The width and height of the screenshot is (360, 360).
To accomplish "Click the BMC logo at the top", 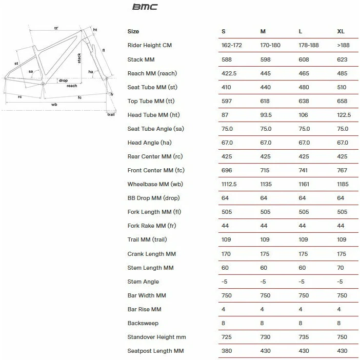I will [x=145, y=7].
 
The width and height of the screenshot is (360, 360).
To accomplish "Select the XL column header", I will [x=341, y=32].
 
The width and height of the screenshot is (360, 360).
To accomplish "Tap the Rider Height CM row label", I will [x=149, y=46].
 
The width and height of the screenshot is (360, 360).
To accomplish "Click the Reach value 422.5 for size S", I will [x=228, y=73].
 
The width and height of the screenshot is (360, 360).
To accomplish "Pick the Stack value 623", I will [x=342, y=59].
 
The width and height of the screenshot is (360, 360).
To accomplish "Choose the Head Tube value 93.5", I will [x=267, y=115].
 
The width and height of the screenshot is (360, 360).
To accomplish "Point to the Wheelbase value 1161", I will [x=305, y=184].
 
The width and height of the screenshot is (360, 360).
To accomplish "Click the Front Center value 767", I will [x=342, y=170].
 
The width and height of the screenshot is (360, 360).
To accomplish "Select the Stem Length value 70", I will [x=341, y=268].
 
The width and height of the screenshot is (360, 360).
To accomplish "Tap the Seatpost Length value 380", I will [x=226, y=351].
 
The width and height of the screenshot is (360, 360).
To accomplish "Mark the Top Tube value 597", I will [x=226, y=101].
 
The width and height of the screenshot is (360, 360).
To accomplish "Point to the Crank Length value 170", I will [x=226, y=254].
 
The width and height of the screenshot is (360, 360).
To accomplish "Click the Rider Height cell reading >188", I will [x=344, y=46].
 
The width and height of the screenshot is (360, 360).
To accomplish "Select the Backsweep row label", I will [x=143, y=323].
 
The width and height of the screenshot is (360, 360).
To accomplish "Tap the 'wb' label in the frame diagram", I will [x=54, y=104].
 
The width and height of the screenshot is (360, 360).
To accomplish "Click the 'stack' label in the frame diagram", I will [x=79, y=57].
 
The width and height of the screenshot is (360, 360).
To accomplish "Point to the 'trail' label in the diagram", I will [x=111, y=114].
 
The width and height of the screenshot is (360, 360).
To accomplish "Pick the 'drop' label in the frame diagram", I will [x=63, y=81].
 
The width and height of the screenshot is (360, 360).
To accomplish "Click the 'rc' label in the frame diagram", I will [x=19, y=96].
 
